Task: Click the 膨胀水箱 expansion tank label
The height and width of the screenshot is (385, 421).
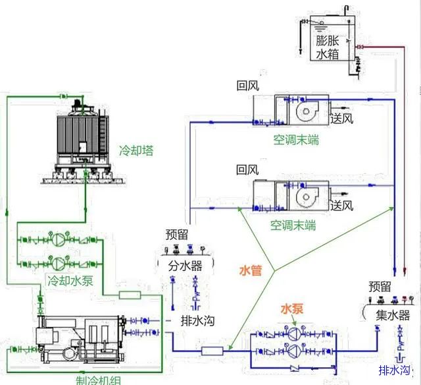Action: coord(326,47)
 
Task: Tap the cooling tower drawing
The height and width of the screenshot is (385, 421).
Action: coord(80,138)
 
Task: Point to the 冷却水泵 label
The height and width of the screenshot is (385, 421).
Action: coord(68,280)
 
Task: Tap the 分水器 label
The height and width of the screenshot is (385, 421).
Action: coord(186,266)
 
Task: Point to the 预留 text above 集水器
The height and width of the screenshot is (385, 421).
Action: coord(380,287)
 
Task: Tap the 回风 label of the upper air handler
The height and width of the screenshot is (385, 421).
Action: coord(248,86)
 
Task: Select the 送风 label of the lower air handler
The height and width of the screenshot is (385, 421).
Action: coord(342,204)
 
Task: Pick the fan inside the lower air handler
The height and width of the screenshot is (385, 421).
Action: coord(307,196)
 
